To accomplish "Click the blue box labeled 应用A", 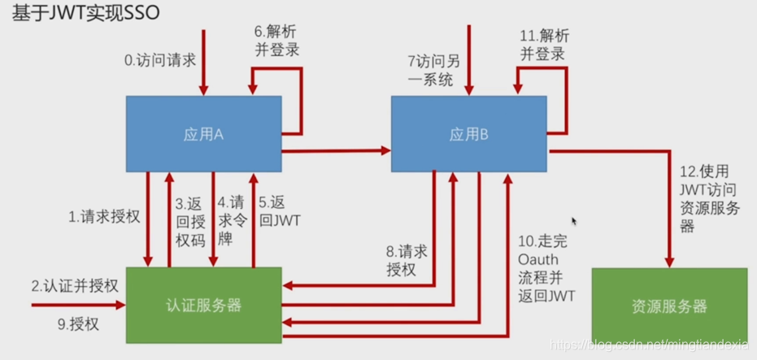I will tap(203, 135).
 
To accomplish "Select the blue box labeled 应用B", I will tap(468, 135).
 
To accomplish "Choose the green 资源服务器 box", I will tap(668, 306).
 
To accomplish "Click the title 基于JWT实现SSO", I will tap(90, 14).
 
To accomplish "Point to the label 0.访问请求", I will tap(159, 60).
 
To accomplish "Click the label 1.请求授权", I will tap(104, 217).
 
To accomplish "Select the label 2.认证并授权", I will tap(76, 286).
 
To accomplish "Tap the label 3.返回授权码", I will tap(191, 217).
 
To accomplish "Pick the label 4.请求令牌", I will tap(232, 217).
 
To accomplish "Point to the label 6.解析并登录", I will tap(276, 41).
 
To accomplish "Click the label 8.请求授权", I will tap(407, 260).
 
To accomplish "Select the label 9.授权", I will tap(78, 324).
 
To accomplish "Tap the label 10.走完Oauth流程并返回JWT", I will tap(546, 268).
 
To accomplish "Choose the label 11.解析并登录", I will tap(542, 45).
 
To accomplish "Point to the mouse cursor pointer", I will tap(574, 221).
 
